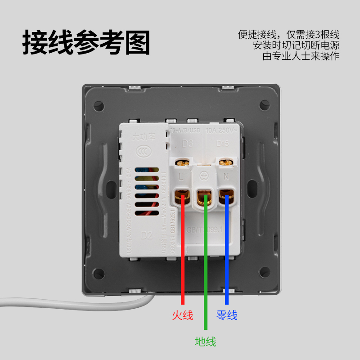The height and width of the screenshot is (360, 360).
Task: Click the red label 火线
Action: tap(182, 315)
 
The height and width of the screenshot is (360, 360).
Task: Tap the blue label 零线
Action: tap(227, 315)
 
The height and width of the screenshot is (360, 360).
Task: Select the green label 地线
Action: tap(205, 342)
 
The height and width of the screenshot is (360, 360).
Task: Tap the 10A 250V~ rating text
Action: tap(221, 130)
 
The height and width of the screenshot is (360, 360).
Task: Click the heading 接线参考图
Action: tap(86, 43)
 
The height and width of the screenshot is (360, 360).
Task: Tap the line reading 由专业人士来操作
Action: tap(301, 56)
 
